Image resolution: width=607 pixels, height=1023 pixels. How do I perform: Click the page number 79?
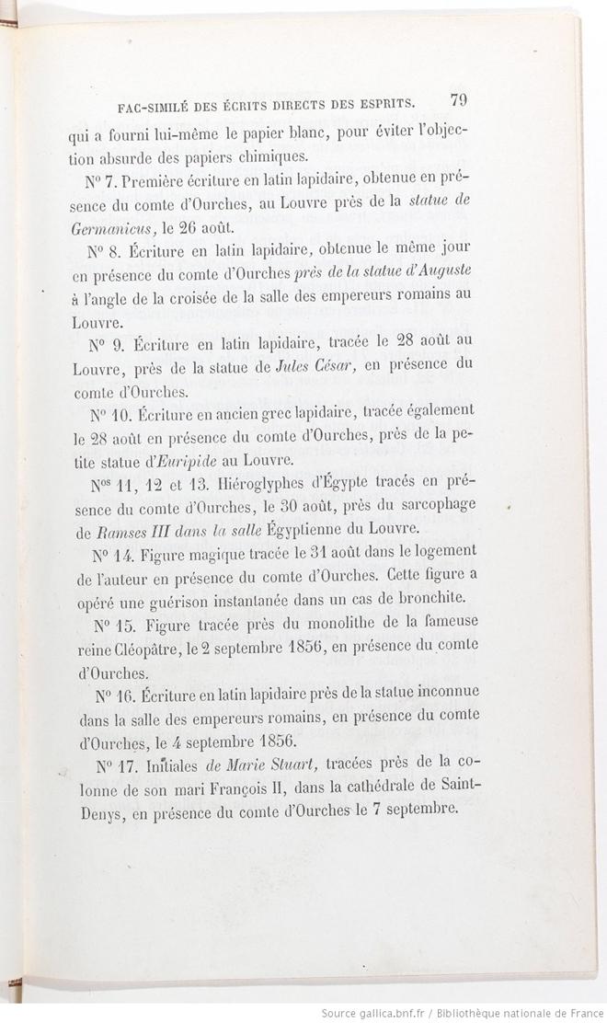pos(459,99)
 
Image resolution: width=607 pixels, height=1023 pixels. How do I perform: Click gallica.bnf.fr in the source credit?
pos(393,1013)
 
